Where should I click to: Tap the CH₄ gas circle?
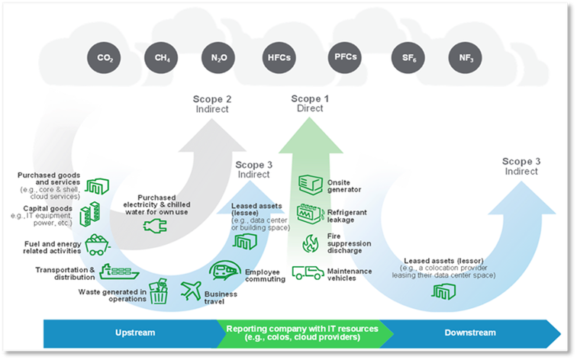pyautogui.click(x=161, y=58)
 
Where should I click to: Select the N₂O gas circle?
pyautogui.click(x=218, y=58)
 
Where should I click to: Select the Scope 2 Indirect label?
pyautogui.click(x=211, y=104)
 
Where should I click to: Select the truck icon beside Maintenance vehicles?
pyautogui.click(x=308, y=272)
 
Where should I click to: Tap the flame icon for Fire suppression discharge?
pyautogui.click(x=310, y=243)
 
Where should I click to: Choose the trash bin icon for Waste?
pyautogui.click(x=159, y=292)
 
